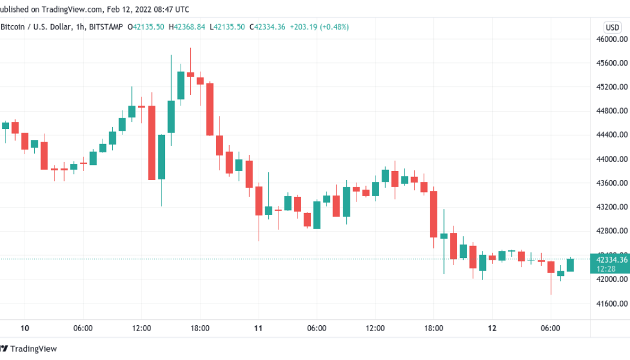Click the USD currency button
(x=613, y=27)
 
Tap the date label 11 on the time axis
(x=258, y=328)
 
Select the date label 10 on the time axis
(x=24, y=328)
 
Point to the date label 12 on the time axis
(x=492, y=328)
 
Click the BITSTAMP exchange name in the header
(x=107, y=27)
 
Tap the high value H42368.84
(x=187, y=27)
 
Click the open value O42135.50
(x=145, y=27)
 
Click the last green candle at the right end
(x=570, y=265)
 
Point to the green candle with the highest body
(x=181, y=85)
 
